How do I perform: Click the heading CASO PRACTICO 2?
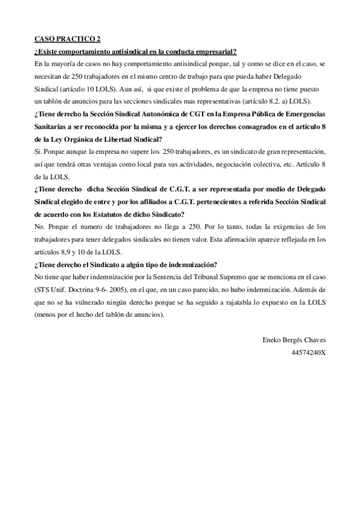click(x=67, y=39)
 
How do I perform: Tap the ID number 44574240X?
click(x=308, y=352)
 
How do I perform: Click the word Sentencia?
click(x=160, y=277)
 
